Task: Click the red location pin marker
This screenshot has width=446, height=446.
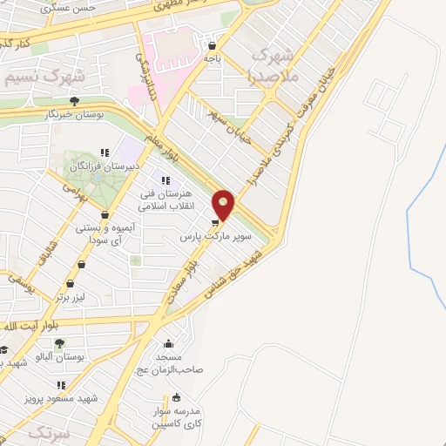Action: pyautogui.click(x=224, y=204)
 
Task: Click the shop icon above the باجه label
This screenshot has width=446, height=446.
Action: pyautogui.click(x=212, y=45)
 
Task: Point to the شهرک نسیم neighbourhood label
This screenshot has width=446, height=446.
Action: pyautogui.click(x=34, y=76)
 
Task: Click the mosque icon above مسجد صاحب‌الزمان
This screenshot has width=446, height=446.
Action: pyautogui.click(x=170, y=342)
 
